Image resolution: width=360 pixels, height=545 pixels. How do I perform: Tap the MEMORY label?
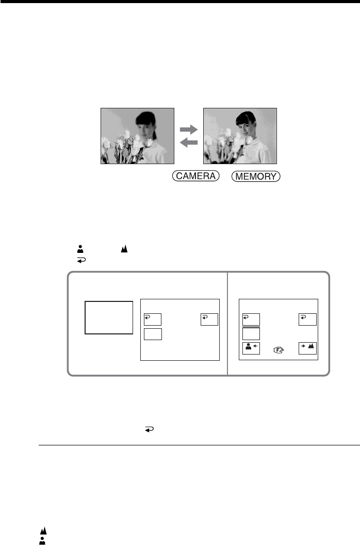[x=256, y=177]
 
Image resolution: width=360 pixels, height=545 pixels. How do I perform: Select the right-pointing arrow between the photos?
[x=189, y=127]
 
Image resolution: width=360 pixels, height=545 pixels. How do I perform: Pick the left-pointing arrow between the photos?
[x=189, y=142]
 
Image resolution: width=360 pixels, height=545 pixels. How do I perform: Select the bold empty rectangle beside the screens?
[x=108, y=317]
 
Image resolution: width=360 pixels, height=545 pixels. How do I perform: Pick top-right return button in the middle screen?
[x=209, y=320]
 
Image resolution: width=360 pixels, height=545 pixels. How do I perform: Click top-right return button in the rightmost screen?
[x=308, y=320]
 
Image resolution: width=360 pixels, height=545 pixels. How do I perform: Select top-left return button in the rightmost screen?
[x=251, y=320]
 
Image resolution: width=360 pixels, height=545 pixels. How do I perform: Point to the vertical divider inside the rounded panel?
[x=227, y=323]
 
